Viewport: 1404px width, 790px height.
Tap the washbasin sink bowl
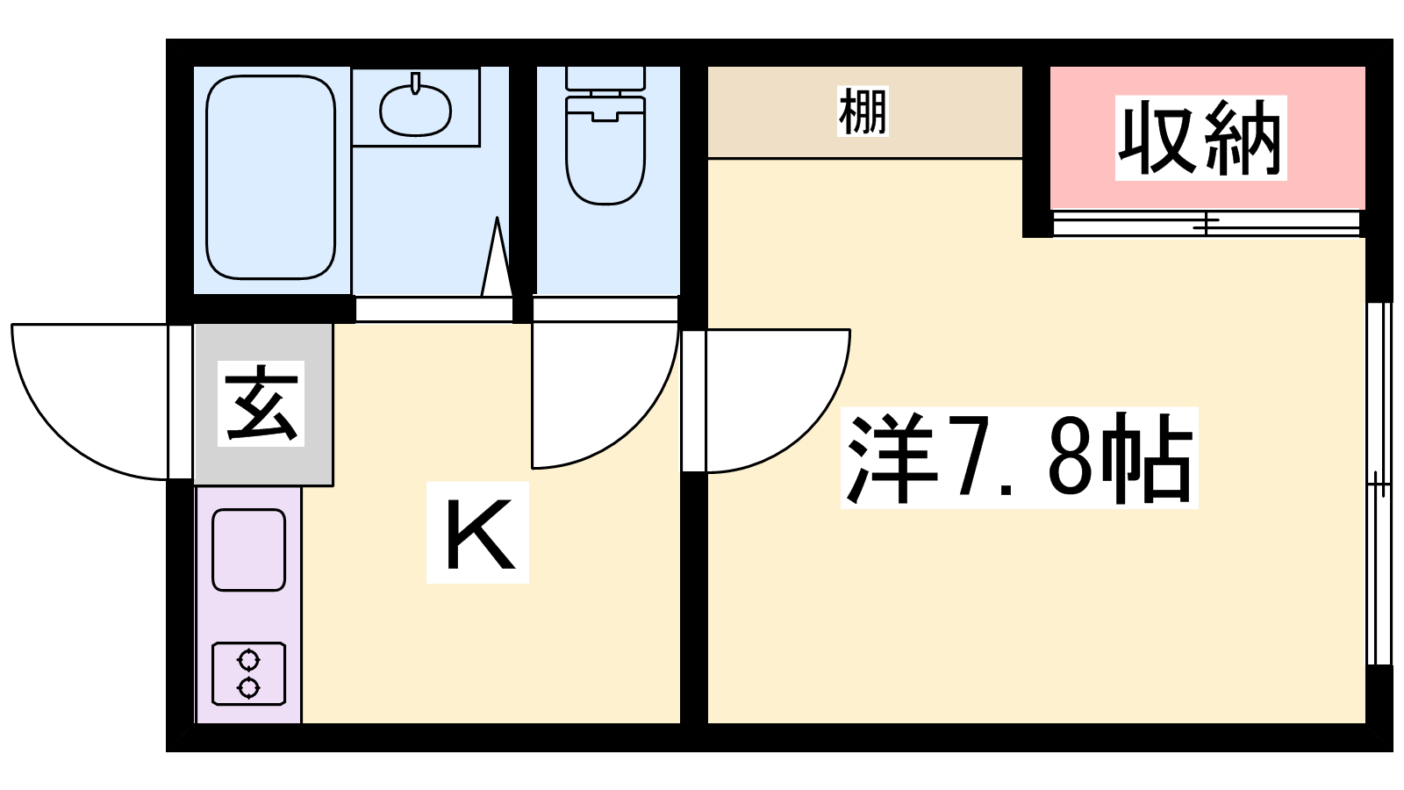(415, 111)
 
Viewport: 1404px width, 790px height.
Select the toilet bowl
(605, 150)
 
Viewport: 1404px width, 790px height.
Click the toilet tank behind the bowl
(605, 78)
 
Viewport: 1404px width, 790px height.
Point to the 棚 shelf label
(863, 111)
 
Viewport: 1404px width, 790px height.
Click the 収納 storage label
(1200, 138)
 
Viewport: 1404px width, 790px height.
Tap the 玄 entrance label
(261, 404)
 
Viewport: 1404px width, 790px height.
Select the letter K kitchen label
(477, 533)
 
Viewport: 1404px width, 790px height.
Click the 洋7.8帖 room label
(1019, 457)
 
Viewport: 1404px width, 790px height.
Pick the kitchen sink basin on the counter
(249, 549)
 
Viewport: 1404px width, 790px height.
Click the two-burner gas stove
(249, 674)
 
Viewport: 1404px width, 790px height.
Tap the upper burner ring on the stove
(249, 660)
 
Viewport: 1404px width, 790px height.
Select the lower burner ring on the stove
(249, 688)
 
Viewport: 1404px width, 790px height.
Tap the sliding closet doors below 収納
(1206, 224)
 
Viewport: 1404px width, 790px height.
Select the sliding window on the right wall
(1379, 484)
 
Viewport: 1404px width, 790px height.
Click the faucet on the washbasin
(415, 83)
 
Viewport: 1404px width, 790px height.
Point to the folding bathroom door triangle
(497, 257)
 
